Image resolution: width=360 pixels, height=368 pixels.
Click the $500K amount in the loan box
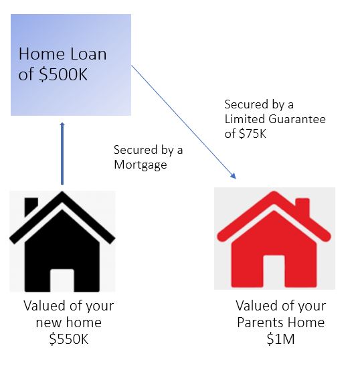click(x=64, y=74)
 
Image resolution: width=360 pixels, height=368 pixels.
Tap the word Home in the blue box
click(x=41, y=54)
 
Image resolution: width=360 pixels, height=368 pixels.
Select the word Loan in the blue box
click(x=88, y=54)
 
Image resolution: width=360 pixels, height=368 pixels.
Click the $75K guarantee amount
click(x=252, y=134)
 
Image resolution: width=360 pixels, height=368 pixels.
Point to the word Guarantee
click(x=297, y=119)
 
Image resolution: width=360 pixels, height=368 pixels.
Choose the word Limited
click(x=245, y=119)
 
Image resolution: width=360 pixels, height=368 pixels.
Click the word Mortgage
click(x=141, y=165)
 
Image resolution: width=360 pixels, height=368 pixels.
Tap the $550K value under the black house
click(x=69, y=339)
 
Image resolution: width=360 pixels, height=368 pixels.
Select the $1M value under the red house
click(x=280, y=339)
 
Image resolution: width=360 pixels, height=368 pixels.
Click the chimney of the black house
click(x=31, y=205)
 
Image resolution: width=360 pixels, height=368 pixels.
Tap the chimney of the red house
click(x=302, y=207)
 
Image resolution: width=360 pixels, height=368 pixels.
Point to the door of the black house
click(x=62, y=280)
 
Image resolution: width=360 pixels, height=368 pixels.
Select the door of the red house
click(x=274, y=271)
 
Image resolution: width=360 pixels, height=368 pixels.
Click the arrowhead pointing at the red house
click(x=234, y=176)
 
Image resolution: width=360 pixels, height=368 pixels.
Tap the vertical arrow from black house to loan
click(x=62, y=153)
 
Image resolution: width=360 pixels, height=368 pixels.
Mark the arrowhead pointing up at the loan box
click(x=62, y=124)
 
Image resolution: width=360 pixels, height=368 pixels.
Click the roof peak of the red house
click(x=274, y=193)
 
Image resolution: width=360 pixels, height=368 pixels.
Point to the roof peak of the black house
click(x=62, y=193)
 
